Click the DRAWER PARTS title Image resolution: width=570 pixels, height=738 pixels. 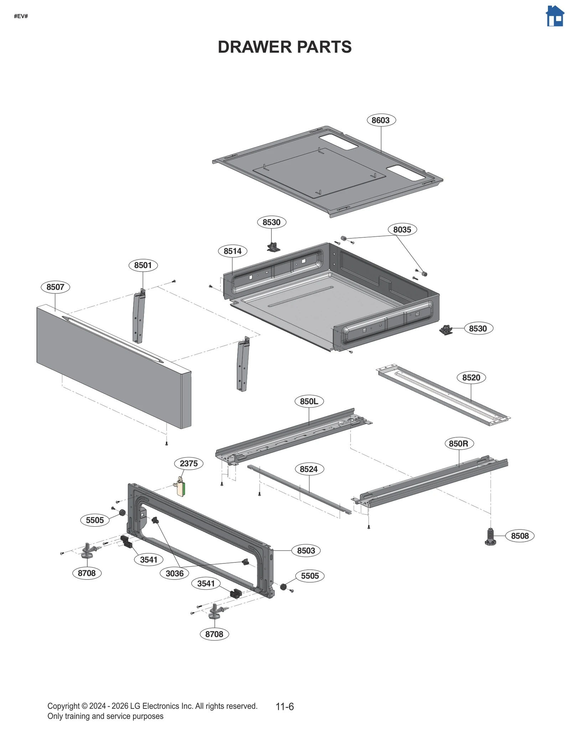coord(285,47)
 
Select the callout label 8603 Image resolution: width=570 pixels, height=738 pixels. coord(380,120)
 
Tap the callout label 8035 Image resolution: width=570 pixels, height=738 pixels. coord(402,229)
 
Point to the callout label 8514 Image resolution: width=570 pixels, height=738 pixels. coord(232,251)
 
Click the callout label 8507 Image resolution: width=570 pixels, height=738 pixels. coord(55,287)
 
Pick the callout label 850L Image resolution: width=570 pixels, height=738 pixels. coord(309,401)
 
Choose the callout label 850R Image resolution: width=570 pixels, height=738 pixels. coord(458,444)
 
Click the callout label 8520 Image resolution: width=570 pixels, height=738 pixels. coord(471,377)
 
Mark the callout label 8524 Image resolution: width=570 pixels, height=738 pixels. coord(309,469)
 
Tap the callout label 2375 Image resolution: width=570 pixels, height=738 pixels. coord(188,463)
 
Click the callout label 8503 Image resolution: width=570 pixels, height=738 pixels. coord(306,551)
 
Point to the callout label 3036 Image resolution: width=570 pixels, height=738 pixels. coord(175,573)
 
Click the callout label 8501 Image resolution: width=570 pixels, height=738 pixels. coord(143,265)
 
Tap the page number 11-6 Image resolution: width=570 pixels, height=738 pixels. coord(285,706)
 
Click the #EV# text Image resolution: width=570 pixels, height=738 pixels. coord(21,16)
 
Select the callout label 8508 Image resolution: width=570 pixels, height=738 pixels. coord(519,536)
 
